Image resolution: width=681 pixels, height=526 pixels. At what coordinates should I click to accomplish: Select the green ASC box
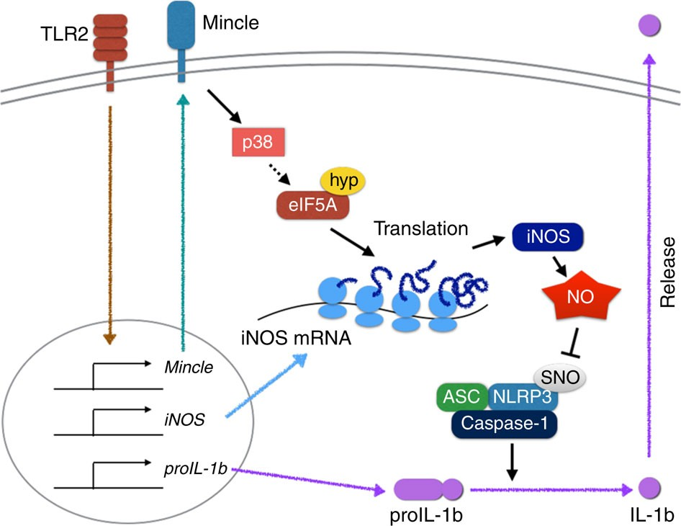pyautogui.click(x=462, y=396)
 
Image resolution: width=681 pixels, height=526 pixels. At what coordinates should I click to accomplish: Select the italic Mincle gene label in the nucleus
pyautogui.click(x=189, y=367)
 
